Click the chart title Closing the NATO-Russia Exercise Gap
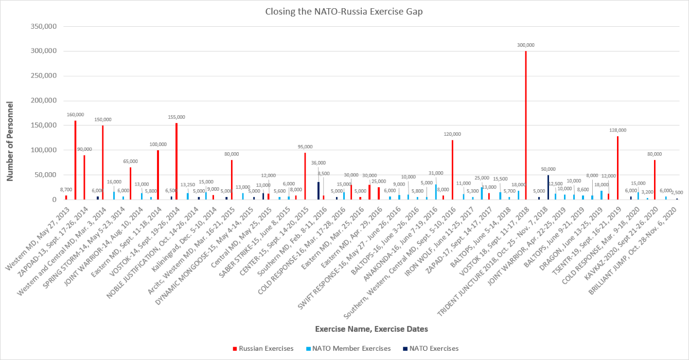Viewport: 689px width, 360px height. tap(344, 11)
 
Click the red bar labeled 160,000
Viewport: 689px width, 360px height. tap(75, 160)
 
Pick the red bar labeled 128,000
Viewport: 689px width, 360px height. tap(617, 168)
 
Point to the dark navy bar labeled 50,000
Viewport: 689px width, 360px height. tap(549, 187)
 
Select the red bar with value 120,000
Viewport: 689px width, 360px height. tap(452, 170)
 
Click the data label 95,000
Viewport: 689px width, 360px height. tap(305, 147)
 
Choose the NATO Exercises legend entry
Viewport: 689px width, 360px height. tap(431, 348)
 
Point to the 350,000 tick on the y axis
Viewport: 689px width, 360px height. tap(44, 26)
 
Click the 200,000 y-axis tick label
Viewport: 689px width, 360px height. tap(44, 100)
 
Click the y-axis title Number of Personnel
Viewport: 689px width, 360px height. tap(10, 141)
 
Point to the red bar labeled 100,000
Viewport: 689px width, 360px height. tap(158, 175)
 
